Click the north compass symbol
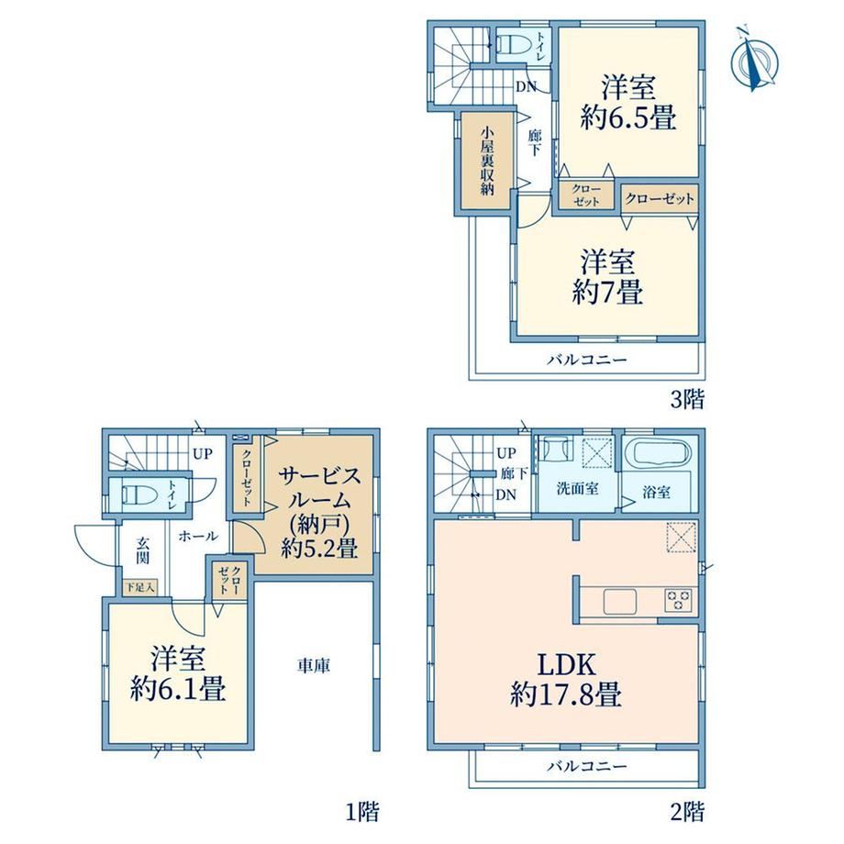tap(755, 60)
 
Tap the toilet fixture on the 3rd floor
tap(513, 43)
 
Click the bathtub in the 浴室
tap(661, 453)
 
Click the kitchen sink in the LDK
tap(619, 601)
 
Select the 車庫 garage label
tap(313, 666)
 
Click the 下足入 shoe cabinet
tap(140, 586)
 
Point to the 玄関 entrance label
tap(142, 550)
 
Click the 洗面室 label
tap(578, 489)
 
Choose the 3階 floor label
tap(687, 399)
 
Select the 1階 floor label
tap(362, 811)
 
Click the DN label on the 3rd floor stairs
tap(526, 86)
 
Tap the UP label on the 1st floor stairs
tap(203, 454)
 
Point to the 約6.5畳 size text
tap(628, 117)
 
